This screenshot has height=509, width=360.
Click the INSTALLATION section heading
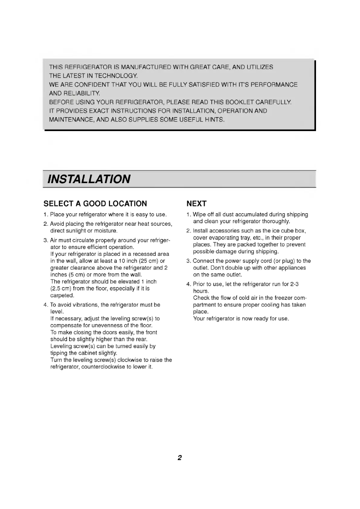89,179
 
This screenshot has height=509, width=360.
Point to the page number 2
179,458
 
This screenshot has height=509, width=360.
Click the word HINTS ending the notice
213,120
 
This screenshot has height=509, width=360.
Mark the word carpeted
61,295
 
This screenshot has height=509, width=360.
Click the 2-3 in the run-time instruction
300,285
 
